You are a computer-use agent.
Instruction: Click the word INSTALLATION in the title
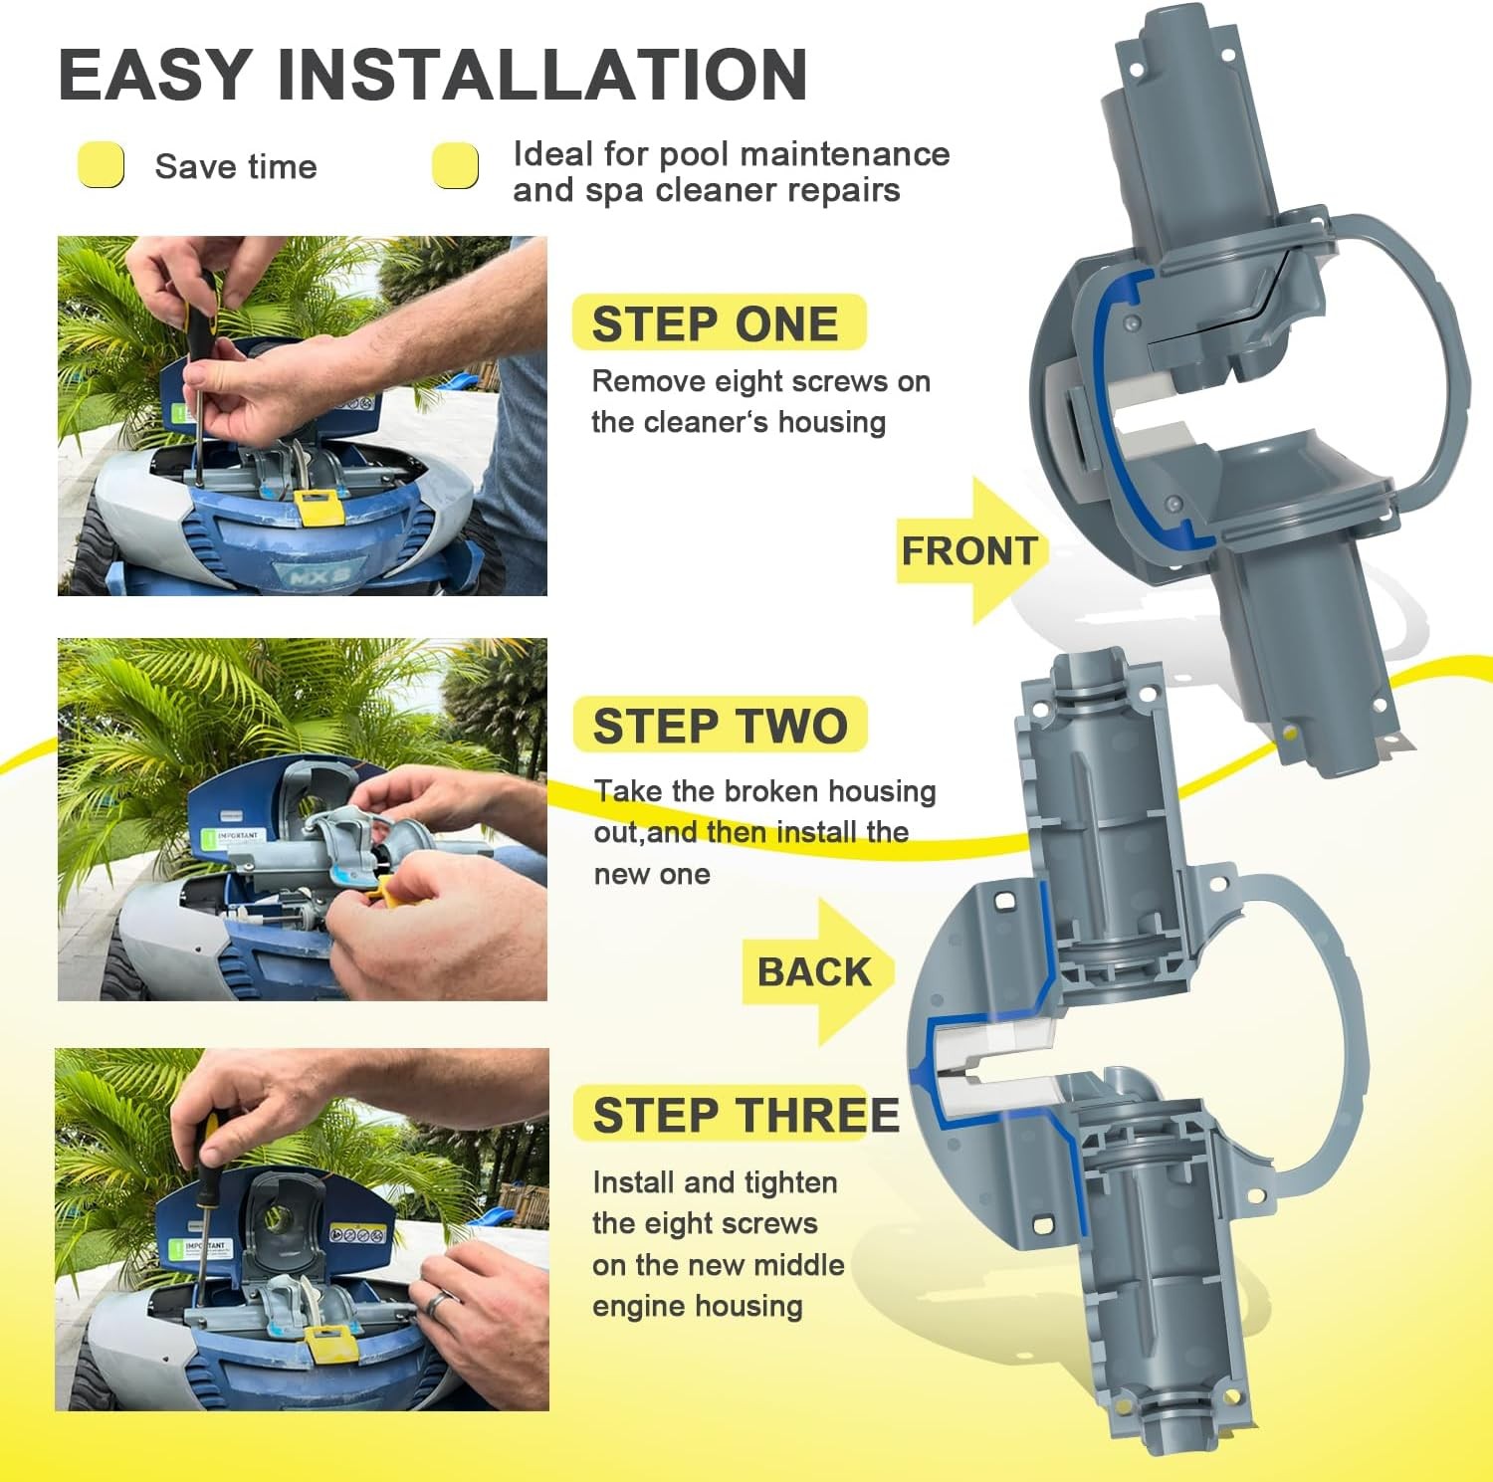pos(542,74)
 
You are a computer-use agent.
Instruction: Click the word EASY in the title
pos(155,74)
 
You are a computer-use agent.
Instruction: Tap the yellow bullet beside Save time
pos(102,164)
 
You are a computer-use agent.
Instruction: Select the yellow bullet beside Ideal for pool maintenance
pos(456,165)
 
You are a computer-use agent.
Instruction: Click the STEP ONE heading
pos(716,324)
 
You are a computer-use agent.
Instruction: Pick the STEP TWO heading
pos(721,726)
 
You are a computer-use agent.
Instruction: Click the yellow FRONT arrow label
pos(971,550)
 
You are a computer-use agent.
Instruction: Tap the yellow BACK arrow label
pos(816,971)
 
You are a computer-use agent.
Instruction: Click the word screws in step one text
pos(837,382)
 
